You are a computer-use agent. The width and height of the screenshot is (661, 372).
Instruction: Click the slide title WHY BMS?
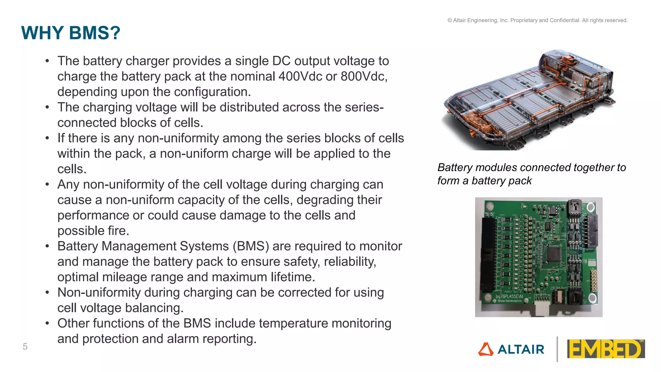pyautogui.click(x=71, y=33)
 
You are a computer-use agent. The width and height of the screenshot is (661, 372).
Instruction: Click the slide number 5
pyautogui.click(x=25, y=346)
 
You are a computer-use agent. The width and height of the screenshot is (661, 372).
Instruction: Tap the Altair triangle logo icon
pyautogui.click(x=486, y=349)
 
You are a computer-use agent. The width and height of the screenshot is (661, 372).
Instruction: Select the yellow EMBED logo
pyautogui.click(x=606, y=349)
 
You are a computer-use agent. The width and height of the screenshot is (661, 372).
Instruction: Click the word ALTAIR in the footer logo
pyautogui.click(x=521, y=349)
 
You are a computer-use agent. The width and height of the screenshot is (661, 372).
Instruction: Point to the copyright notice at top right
pyautogui.click(x=537, y=20)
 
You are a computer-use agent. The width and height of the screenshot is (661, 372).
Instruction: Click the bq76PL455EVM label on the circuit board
pyautogui.click(x=509, y=296)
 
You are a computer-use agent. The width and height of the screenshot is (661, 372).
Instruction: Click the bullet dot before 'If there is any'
pyautogui.click(x=47, y=138)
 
